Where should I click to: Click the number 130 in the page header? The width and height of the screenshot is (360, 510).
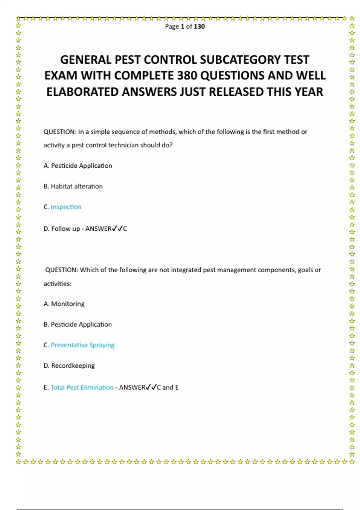[x=199, y=26]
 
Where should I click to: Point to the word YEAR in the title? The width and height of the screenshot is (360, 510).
[x=309, y=92]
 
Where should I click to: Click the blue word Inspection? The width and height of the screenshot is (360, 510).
[x=66, y=207]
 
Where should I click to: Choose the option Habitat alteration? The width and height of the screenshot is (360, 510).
[x=76, y=186]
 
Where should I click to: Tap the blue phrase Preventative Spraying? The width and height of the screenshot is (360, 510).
[x=82, y=345]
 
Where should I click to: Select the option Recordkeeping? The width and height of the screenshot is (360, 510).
[x=73, y=366]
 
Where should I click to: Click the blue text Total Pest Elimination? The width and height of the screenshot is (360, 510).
[x=82, y=387]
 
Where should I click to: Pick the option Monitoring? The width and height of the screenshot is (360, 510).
[x=68, y=304]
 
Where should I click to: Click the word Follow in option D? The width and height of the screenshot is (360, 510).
[x=61, y=229]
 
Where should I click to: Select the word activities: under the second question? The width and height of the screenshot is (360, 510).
[x=58, y=284]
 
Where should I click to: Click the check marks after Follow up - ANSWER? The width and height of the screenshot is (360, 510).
[x=117, y=229]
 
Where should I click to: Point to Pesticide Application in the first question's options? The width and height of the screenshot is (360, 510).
[x=82, y=166]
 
